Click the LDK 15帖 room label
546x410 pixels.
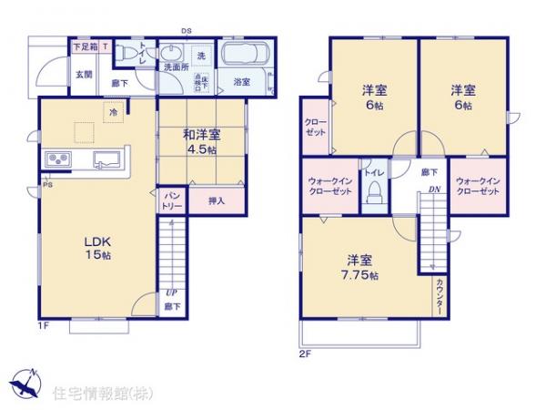tap(97, 248)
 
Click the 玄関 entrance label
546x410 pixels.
tap(82, 74)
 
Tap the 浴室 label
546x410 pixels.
tap(242, 82)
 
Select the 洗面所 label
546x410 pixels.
tap(175, 67)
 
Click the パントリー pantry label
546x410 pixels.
tap(172, 201)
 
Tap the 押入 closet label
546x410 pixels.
tap(217, 200)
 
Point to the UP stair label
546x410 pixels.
tap(170, 292)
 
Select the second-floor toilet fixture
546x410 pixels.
tap(373, 192)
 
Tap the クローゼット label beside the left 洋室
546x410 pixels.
tap(314, 127)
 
